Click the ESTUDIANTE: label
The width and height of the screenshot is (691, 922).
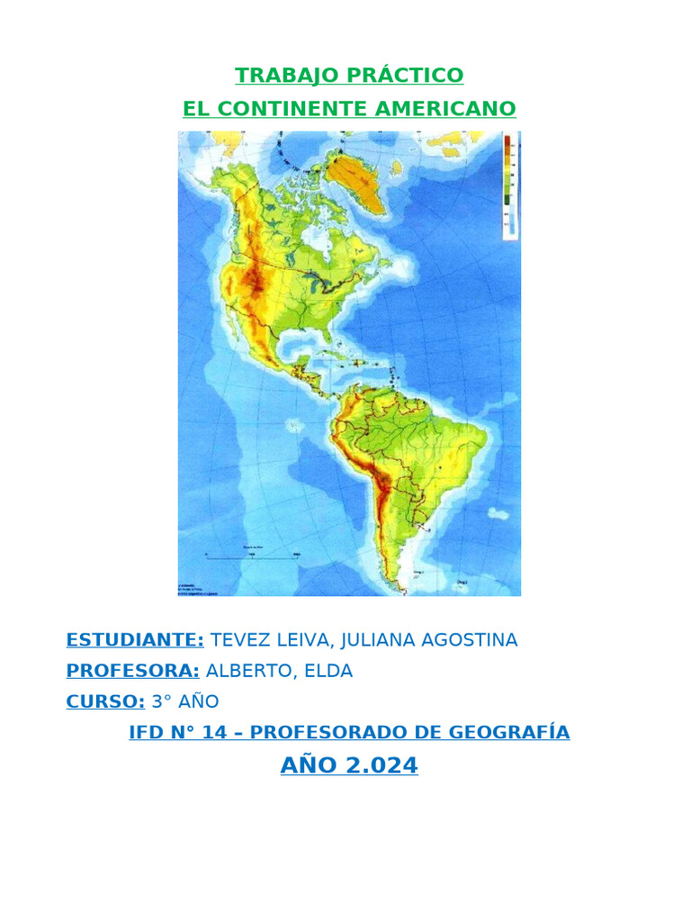pyautogui.click(x=135, y=640)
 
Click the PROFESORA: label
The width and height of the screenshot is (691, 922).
pyautogui.click(x=132, y=671)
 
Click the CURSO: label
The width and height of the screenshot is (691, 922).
pyautogui.click(x=105, y=701)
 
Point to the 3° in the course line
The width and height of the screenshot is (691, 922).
pyautogui.click(x=161, y=701)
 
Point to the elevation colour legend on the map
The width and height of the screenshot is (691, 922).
pyautogui.click(x=509, y=185)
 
